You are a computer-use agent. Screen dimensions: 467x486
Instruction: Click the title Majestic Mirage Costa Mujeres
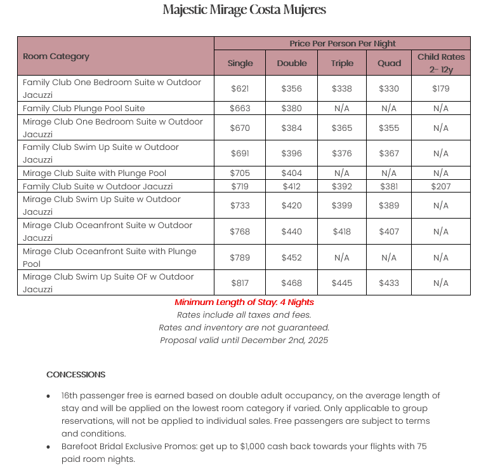(244, 10)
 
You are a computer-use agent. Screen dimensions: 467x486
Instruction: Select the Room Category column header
(56, 57)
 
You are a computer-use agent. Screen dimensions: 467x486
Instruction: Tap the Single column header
(240, 63)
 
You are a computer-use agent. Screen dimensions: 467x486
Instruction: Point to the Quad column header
(390, 63)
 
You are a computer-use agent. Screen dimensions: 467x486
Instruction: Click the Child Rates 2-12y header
(441, 62)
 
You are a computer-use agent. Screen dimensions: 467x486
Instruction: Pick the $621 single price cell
(240, 89)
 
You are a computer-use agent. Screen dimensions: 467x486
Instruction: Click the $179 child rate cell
(441, 89)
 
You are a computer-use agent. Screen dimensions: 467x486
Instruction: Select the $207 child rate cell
(441, 187)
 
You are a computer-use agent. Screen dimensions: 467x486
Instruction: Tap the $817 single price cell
(240, 283)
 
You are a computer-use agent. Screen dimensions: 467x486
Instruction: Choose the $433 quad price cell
(390, 283)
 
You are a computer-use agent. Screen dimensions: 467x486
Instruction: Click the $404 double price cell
(292, 173)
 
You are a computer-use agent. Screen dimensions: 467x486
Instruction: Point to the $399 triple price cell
(341, 206)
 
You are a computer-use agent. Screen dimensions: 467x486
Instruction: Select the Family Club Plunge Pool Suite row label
(84, 109)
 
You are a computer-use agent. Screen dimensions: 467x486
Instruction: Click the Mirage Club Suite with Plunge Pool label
(95, 173)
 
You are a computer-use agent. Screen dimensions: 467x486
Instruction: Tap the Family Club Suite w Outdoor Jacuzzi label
(98, 187)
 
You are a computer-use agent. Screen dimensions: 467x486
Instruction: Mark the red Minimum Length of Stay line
(244, 302)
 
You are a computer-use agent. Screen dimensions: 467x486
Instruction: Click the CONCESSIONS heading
(76, 375)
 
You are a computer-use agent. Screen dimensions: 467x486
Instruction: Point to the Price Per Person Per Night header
(342, 44)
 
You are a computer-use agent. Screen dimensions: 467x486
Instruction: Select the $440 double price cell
(292, 232)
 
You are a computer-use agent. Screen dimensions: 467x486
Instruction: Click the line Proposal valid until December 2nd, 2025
(244, 341)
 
